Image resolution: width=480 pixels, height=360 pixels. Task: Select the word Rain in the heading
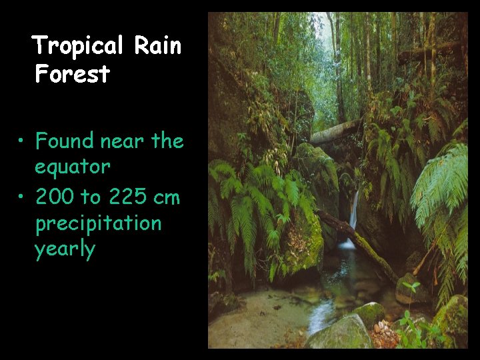pyautogui.click(x=157, y=45)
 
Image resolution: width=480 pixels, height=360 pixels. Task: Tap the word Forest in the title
pyautogui.click(x=72, y=74)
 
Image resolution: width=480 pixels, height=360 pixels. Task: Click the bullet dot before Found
pyautogui.click(x=22, y=141)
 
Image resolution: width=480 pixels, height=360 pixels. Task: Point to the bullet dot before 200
pyautogui.click(x=22, y=197)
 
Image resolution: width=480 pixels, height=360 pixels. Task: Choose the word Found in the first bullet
pyautogui.click(x=64, y=141)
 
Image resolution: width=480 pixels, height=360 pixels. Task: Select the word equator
pyautogui.click(x=73, y=167)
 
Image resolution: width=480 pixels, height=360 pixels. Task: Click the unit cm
pyautogui.click(x=167, y=197)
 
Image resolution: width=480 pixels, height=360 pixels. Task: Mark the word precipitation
pyautogui.click(x=98, y=223)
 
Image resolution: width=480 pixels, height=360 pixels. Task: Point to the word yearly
pyautogui.click(x=65, y=250)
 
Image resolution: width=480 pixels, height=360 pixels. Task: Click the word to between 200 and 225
pyautogui.click(x=91, y=197)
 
